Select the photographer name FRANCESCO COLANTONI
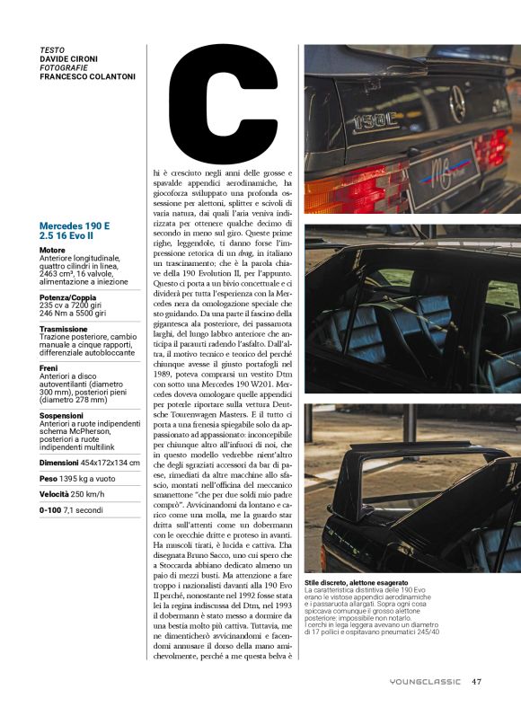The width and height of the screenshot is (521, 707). click(88, 76)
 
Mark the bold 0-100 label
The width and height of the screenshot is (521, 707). click(50, 509)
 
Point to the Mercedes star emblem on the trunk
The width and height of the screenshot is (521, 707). click(456, 106)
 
